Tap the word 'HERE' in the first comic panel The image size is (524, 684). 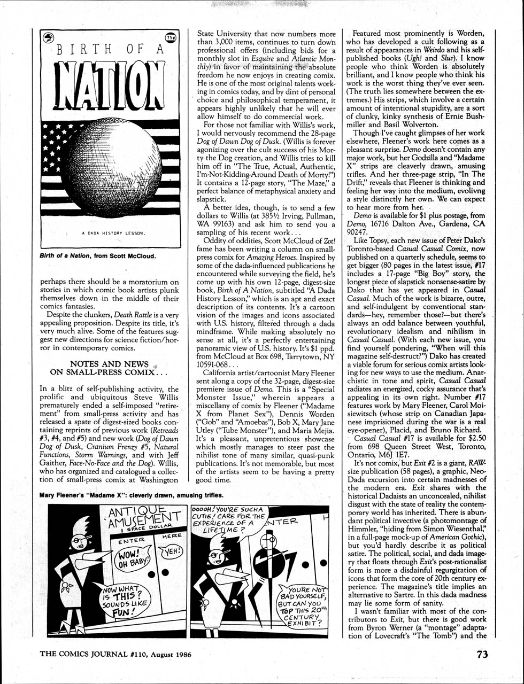point(172,535)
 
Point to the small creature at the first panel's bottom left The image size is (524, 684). point(67,589)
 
